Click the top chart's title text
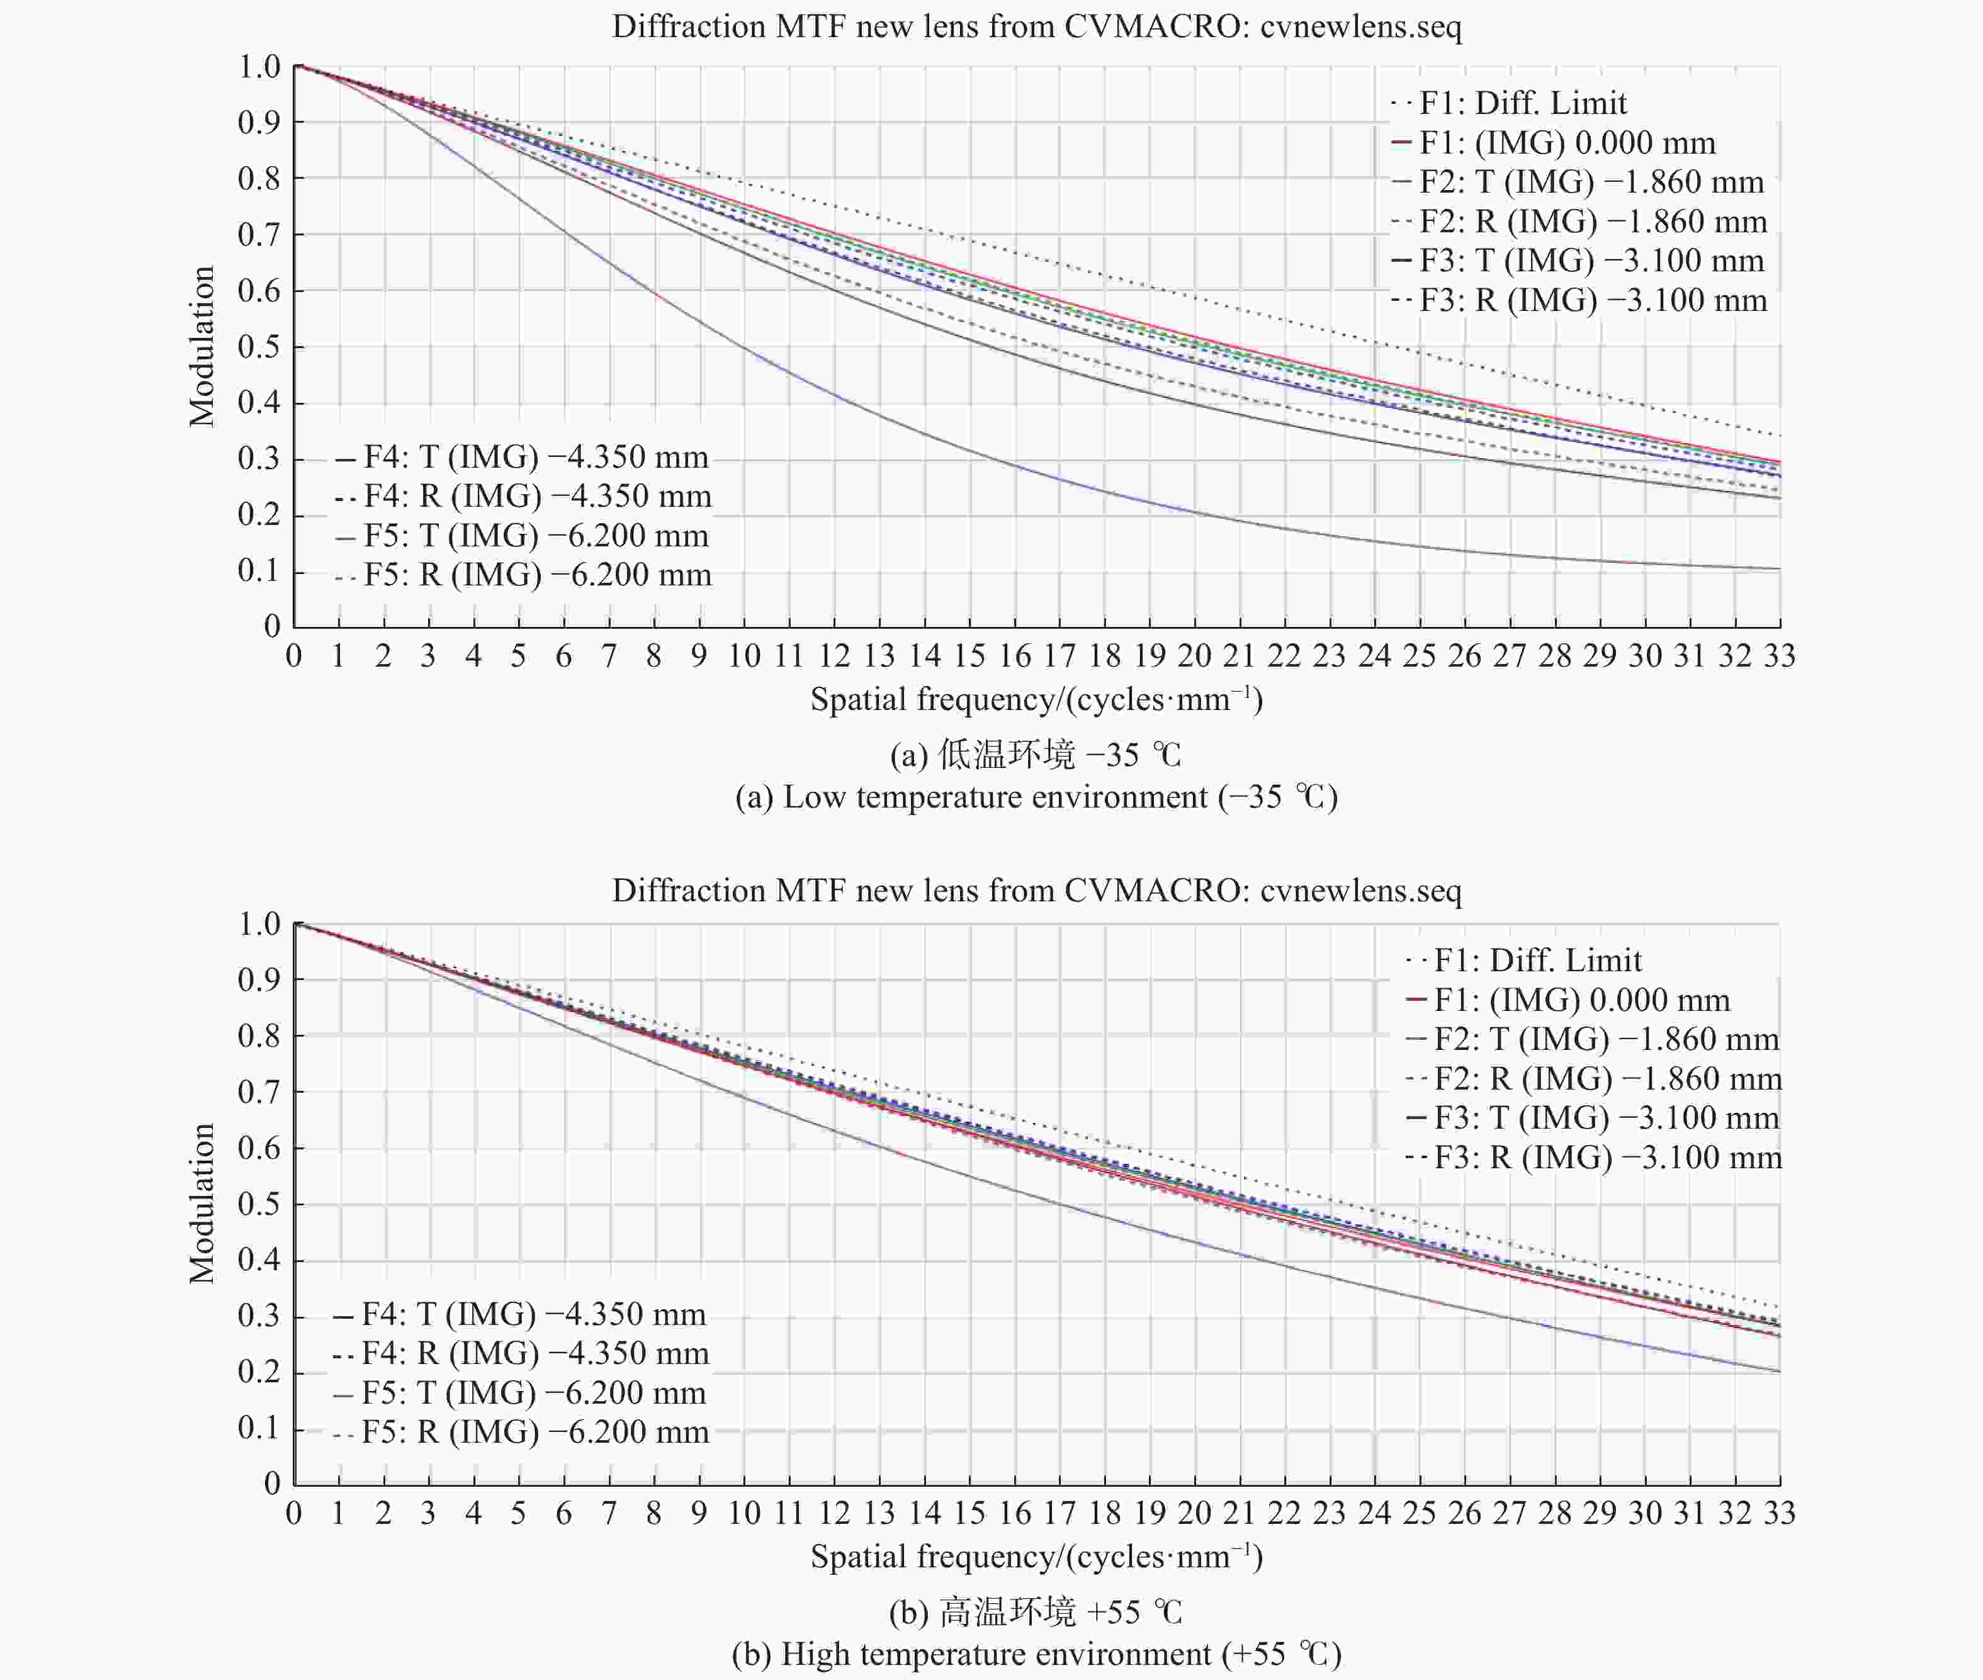tap(1036, 26)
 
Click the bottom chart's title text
tap(1036, 891)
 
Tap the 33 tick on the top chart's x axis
tap(1779, 656)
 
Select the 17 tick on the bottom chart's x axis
tap(1059, 1513)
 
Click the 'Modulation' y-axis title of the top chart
tap(202, 347)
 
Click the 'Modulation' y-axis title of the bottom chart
tap(202, 1204)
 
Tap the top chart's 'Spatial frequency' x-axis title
tap(1036, 700)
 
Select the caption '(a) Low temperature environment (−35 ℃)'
tap(1036, 796)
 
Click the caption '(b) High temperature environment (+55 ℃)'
tap(1036, 1654)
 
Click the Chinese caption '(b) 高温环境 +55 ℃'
tap(1036, 1613)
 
